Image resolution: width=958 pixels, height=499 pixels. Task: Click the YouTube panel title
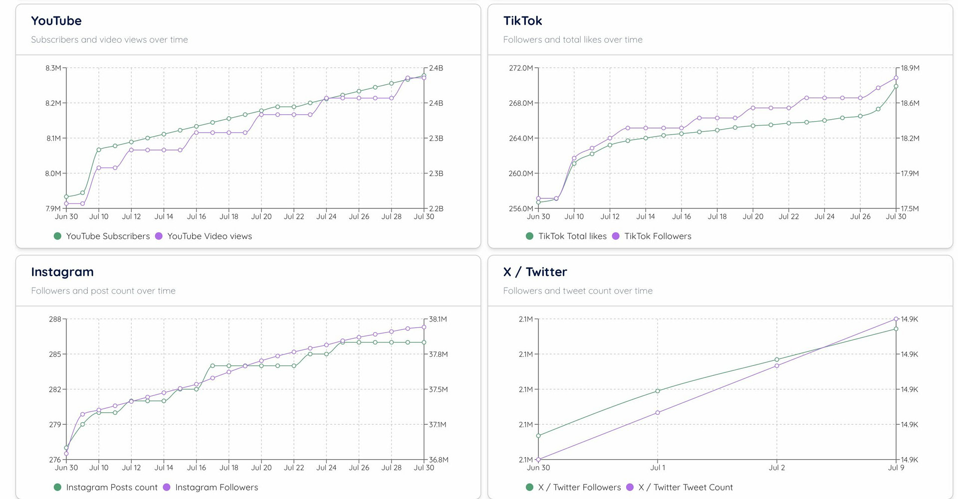(x=56, y=21)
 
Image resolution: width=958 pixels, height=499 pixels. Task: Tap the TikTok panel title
(x=522, y=21)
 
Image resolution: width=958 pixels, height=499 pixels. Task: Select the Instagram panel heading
(x=62, y=272)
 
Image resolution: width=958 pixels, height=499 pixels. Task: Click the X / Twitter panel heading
(x=535, y=272)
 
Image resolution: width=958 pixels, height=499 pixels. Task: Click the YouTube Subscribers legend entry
(x=102, y=236)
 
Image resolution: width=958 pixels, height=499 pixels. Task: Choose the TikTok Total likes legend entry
(x=566, y=236)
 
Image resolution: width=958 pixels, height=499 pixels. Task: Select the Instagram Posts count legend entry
(x=106, y=488)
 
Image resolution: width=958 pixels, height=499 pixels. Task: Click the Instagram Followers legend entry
(x=211, y=488)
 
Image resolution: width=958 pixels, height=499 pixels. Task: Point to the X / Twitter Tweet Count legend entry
(x=680, y=488)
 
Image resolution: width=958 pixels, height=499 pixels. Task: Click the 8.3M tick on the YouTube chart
(x=53, y=68)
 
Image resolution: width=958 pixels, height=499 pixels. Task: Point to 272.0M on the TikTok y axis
(x=521, y=68)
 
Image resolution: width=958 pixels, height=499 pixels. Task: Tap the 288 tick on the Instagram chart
(x=55, y=320)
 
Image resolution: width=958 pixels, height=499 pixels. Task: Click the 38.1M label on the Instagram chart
(x=438, y=320)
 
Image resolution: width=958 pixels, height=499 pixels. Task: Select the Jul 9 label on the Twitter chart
(x=896, y=468)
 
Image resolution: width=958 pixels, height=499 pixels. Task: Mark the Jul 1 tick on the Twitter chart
(x=658, y=468)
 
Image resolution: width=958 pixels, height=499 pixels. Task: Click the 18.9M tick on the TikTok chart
(x=910, y=68)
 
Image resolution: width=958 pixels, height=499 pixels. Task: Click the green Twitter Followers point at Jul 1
(x=658, y=391)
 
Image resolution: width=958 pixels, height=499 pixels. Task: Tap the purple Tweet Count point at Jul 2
(x=777, y=366)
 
